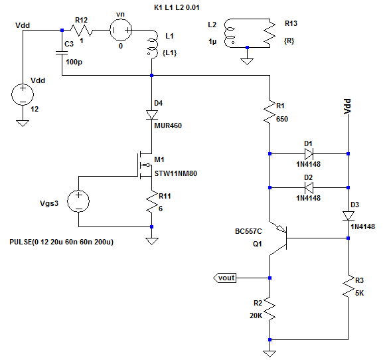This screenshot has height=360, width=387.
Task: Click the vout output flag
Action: pos(225,278)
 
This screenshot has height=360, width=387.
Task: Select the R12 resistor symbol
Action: pos(82,31)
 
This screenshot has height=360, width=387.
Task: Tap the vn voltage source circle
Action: pos(121,30)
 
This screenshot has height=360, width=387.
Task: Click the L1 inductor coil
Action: pos(153,45)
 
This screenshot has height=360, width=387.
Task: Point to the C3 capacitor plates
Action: pos(62,52)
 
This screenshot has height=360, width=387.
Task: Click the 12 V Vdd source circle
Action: pos(23,94)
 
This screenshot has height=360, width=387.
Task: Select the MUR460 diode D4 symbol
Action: pos(152,115)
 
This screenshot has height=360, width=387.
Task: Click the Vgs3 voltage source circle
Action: pos(78,201)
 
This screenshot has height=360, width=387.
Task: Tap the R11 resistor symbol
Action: pos(152,201)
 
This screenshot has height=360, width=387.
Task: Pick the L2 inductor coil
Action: pos(229,33)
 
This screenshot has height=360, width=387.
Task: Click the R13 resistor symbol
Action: pos(270,33)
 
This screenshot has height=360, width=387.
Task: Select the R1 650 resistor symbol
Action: pos(270,112)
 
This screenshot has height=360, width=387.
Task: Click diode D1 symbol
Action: pos(309,154)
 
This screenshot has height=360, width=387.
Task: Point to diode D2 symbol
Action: pos(309,188)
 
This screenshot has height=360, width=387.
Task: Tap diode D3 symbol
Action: pos(348,216)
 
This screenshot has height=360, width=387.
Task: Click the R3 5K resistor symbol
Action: pos(348,286)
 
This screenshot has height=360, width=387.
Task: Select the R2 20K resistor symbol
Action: pos(270,308)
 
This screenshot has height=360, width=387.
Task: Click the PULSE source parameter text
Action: pos(62,242)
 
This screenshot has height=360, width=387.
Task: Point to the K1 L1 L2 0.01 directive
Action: pos(177,7)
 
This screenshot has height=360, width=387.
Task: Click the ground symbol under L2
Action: pos(247,62)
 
